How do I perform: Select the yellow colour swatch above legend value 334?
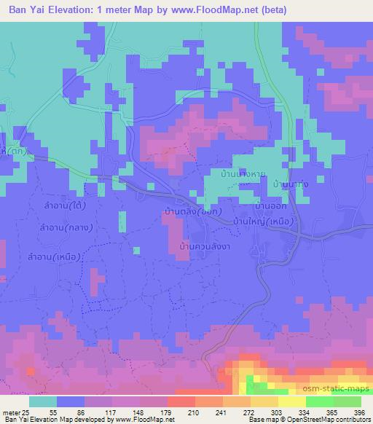(293, 401)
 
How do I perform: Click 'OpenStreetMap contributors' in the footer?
(328, 420)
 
